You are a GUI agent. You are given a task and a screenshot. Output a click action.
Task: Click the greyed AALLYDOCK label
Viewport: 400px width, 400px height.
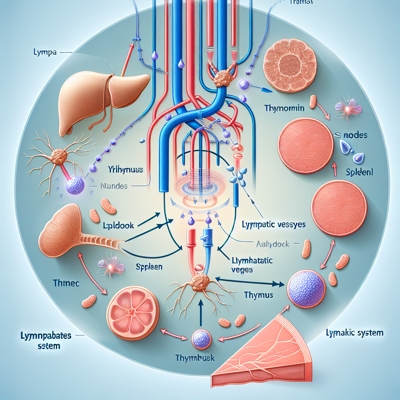[272, 244]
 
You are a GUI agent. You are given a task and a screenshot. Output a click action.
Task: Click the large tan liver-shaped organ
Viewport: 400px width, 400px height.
[102, 100]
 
